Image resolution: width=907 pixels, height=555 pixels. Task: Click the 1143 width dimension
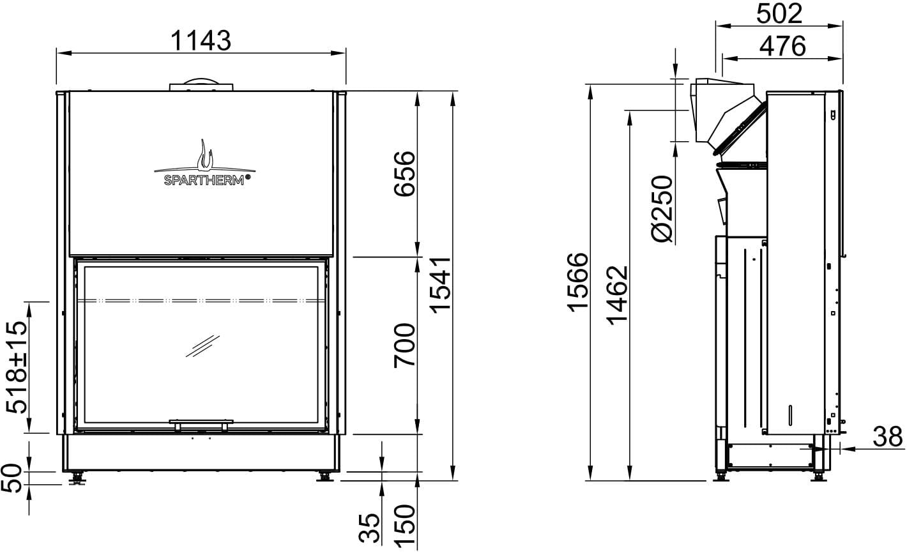click(201, 40)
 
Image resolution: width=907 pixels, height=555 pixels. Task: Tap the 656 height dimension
click(405, 174)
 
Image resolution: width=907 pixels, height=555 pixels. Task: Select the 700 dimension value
click(405, 346)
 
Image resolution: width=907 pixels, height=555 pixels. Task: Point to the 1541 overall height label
click(440, 285)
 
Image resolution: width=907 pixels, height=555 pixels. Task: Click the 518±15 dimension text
click(17, 367)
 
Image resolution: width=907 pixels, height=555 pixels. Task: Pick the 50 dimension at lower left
click(11, 478)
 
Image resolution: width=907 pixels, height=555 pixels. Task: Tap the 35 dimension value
click(370, 528)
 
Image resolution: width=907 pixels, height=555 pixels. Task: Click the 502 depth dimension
click(779, 14)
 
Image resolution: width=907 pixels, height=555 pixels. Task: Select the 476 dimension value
click(782, 46)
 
